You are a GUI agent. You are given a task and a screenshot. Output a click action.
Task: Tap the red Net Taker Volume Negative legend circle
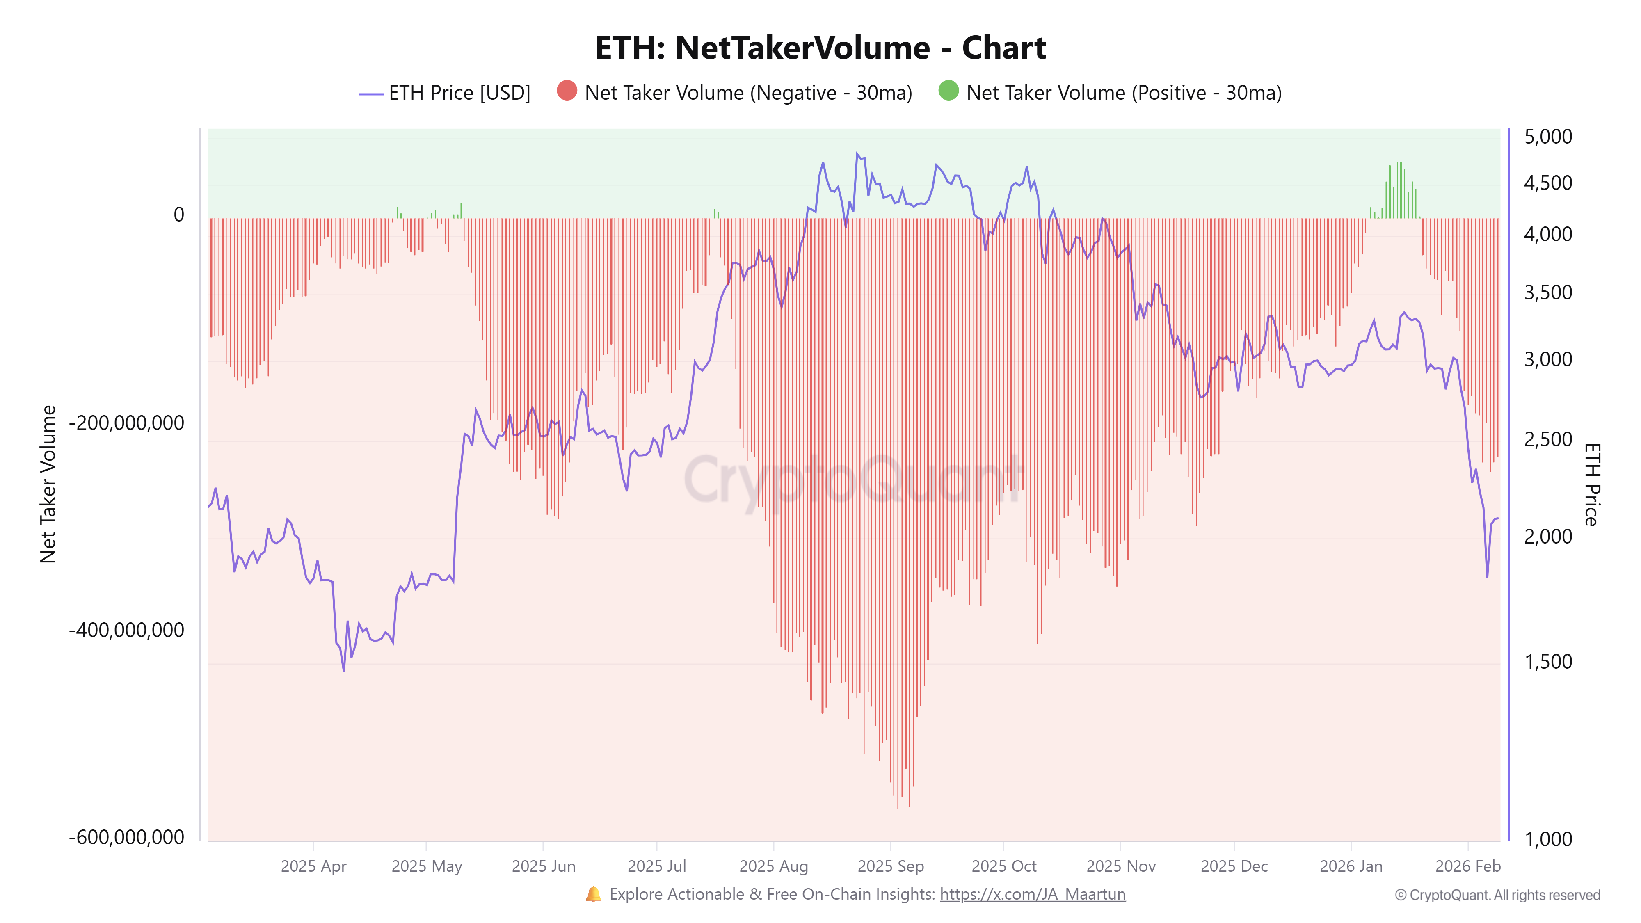click(x=566, y=91)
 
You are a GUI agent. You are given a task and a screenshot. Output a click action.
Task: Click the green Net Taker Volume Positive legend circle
click(x=948, y=91)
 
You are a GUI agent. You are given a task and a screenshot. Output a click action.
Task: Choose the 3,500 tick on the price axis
click(x=1547, y=292)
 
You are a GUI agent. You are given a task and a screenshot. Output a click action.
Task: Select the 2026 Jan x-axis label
click(x=1351, y=866)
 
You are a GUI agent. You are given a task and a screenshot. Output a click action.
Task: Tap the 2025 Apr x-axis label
click(x=313, y=866)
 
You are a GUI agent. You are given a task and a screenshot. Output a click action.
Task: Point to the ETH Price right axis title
click(x=1591, y=484)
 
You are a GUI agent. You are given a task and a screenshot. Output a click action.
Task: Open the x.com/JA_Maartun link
click(x=1032, y=894)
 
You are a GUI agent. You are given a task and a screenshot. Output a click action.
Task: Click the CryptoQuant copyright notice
click(x=1497, y=895)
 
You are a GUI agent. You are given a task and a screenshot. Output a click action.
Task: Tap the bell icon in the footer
click(x=593, y=894)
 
